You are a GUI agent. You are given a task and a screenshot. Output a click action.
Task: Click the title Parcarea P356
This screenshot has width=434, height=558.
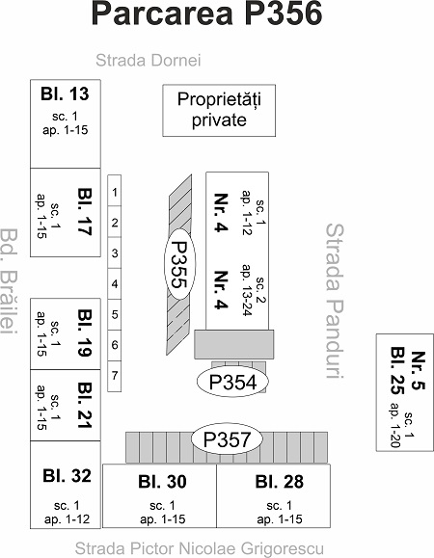(x=206, y=13)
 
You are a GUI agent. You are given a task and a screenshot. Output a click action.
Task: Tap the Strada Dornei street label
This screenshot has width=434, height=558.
(x=149, y=60)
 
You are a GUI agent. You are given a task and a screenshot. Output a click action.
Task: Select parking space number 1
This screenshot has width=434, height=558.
(x=114, y=191)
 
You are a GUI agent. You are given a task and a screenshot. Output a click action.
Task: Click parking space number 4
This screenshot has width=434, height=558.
(x=114, y=283)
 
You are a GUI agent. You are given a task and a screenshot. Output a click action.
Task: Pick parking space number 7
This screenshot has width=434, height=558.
(x=114, y=377)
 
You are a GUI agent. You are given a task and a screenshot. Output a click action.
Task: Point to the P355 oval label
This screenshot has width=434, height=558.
(x=179, y=264)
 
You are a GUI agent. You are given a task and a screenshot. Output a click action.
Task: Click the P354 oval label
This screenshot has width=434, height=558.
(x=232, y=382)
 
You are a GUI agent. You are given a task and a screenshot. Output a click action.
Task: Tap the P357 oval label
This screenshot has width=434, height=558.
(x=227, y=439)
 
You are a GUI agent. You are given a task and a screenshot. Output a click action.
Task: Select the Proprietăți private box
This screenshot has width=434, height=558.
(x=219, y=110)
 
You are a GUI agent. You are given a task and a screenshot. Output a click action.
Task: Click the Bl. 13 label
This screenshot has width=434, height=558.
(x=65, y=93)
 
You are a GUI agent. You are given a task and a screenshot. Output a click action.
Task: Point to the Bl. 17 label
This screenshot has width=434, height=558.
(x=85, y=211)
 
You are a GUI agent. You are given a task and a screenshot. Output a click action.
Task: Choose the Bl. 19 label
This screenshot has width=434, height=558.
(x=85, y=332)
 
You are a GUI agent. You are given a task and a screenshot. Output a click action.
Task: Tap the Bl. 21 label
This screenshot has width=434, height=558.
(x=85, y=406)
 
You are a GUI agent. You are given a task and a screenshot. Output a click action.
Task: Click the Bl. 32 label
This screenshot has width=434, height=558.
(x=67, y=476)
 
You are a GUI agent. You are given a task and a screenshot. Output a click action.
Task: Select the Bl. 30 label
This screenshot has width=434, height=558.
(x=162, y=482)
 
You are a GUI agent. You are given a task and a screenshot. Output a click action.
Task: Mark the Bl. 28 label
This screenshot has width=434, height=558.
(x=280, y=482)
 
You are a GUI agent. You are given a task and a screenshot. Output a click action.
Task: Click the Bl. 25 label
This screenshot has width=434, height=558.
(x=397, y=370)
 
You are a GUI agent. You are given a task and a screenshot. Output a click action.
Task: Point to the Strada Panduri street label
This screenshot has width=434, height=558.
(x=335, y=301)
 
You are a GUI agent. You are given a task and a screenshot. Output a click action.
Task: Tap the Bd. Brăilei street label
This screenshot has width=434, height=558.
(x=9, y=281)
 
